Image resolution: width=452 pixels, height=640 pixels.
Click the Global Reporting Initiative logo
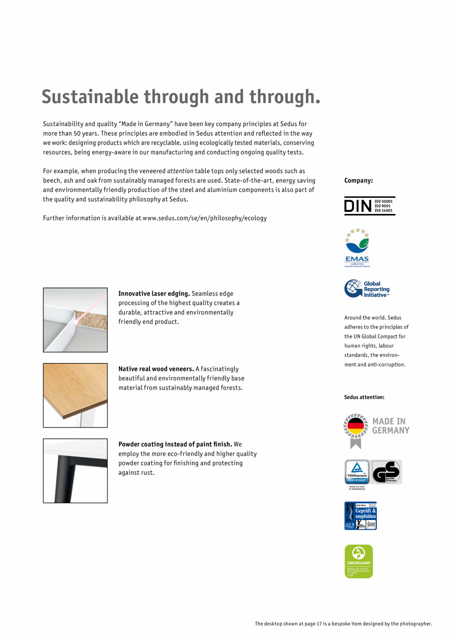point(367,289)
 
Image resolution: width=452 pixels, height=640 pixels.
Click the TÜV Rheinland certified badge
point(357,472)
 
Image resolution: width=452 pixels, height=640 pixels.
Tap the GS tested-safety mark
point(386,472)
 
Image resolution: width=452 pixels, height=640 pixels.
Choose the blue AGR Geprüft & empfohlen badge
point(361,516)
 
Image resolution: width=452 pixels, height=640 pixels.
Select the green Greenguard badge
point(359,561)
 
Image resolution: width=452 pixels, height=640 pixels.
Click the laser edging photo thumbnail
point(75,320)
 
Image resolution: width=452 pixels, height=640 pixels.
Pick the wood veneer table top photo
point(75,395)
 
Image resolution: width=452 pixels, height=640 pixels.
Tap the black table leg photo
point(75,471)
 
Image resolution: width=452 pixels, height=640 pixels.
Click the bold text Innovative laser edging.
point(154,294)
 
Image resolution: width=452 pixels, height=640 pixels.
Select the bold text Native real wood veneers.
point(156,369)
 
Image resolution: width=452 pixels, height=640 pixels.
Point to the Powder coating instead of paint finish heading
point(175,444)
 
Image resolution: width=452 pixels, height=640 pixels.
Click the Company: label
point(358,181)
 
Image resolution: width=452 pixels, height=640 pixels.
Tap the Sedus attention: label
point(364,397)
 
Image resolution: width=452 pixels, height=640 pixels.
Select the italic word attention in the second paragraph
point(180,171)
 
